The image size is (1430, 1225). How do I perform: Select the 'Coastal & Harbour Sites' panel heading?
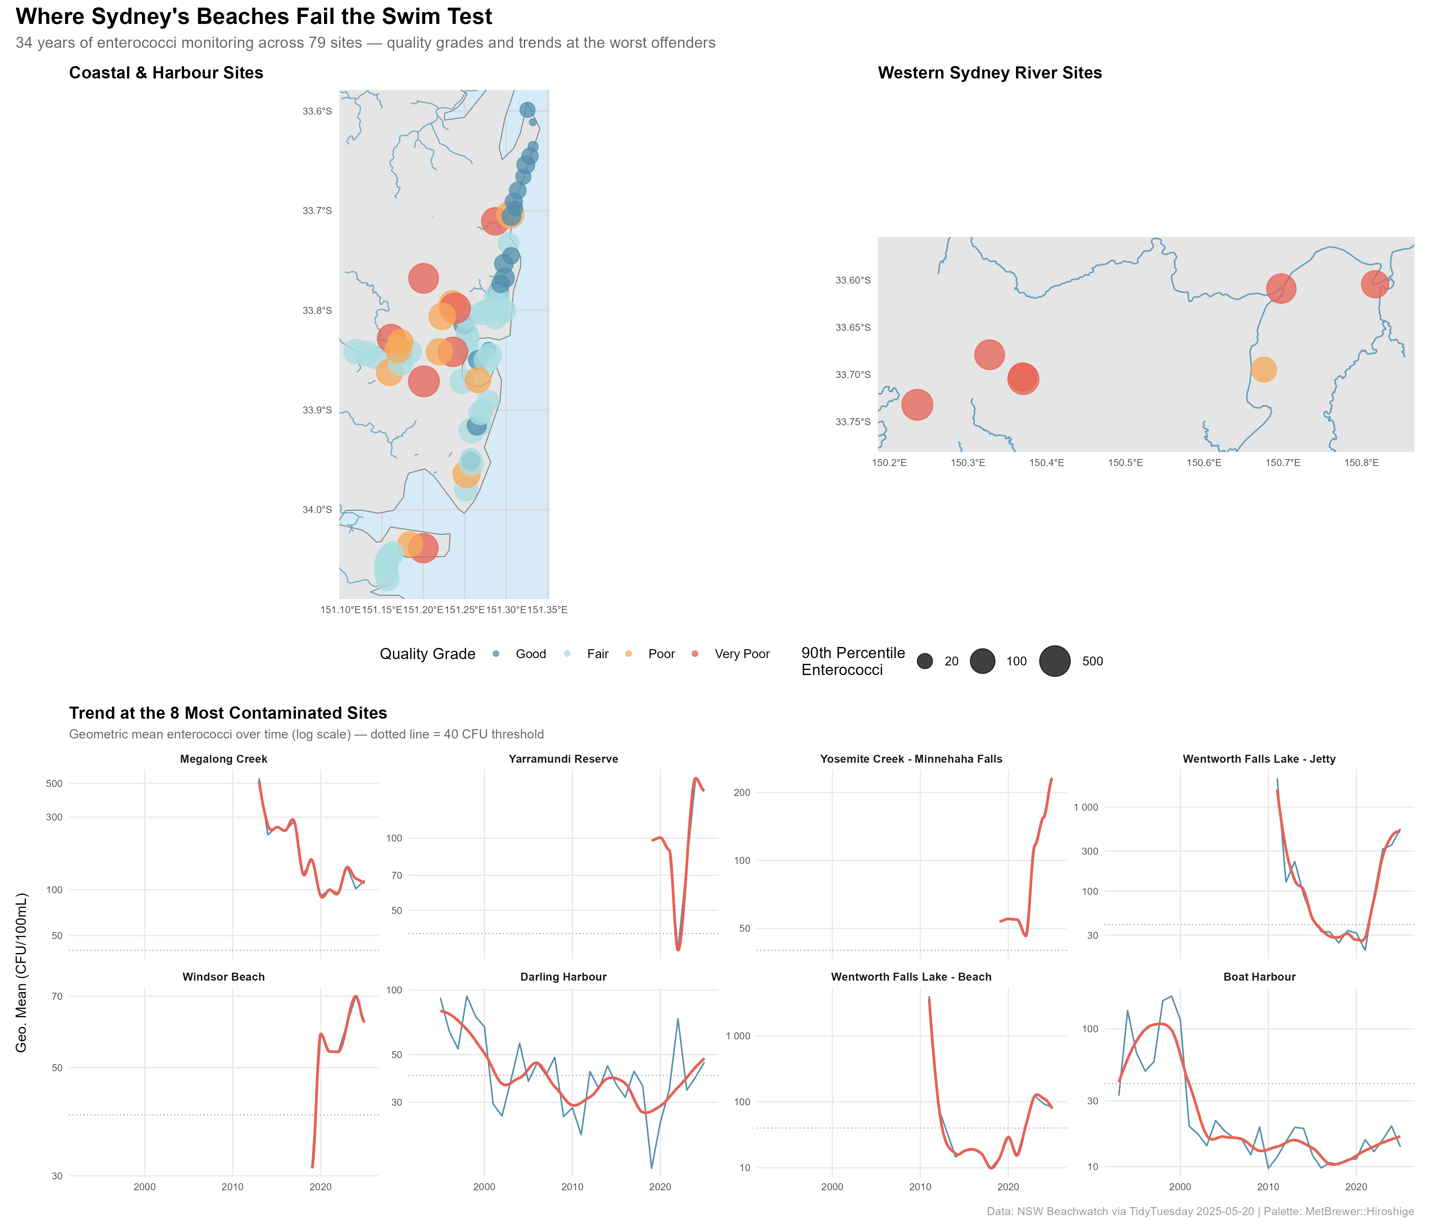point(166,73)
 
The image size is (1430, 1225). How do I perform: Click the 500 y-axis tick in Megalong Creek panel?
point(55,783)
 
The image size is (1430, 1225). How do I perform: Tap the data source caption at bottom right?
point(1200,1211)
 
